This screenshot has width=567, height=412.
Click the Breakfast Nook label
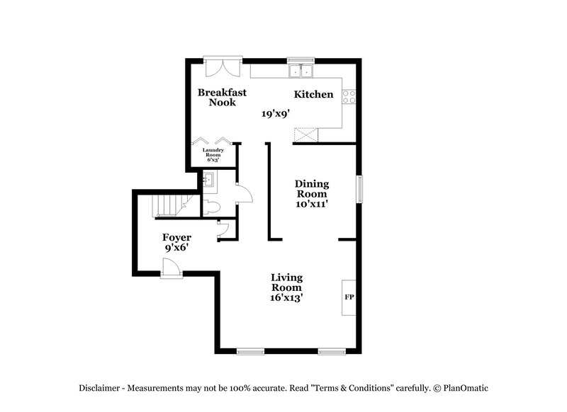(221, 97)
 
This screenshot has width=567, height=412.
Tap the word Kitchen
(313, 94)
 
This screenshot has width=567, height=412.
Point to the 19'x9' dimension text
(276, 113)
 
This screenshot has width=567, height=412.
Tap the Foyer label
(176, 237)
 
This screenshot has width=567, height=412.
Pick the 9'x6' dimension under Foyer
(176, 248)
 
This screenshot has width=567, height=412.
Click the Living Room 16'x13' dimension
(287, 298)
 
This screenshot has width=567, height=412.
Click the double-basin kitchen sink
(302, 71)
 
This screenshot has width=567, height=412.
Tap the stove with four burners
(349, 96)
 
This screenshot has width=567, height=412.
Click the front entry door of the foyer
(170, 269)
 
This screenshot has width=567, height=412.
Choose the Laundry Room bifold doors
(213, 140)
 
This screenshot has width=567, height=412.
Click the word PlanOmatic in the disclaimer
(466, 388)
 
